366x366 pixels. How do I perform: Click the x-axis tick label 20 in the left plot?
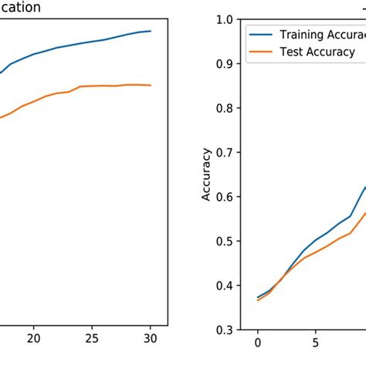tap(33, 338)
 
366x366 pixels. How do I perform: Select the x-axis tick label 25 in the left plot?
tap(92, 338)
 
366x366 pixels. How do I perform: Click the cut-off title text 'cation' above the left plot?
tap(20, 7)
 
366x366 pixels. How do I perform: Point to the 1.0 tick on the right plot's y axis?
tap(226, 19)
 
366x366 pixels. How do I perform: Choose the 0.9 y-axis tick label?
tap(226, 64)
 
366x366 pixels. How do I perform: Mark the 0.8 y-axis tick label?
tap(226, 108)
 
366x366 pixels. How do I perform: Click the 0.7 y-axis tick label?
tap(226, 153)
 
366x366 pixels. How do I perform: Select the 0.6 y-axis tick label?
tap(226, 197)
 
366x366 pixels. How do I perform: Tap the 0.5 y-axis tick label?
tap(226, 241)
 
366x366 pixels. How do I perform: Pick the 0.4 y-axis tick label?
tap(226, 286)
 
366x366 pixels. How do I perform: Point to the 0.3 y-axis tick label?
tap(226, 330)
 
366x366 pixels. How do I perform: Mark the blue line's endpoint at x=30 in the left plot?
tap(150, 32)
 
